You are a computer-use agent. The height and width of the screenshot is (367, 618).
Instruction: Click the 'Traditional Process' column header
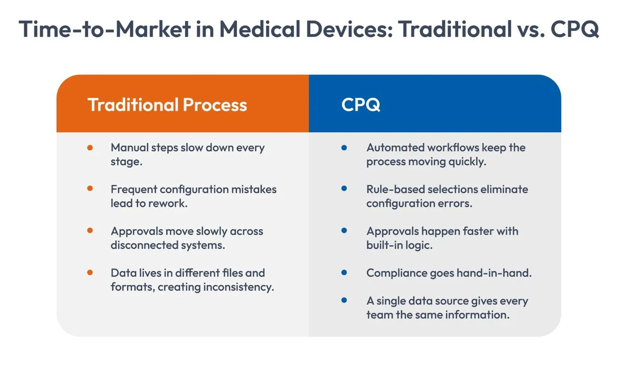pyautogui.click(x=167, y=105)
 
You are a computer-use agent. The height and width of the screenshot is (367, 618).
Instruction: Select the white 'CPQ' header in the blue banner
pyautogui.click(x=361, y=105)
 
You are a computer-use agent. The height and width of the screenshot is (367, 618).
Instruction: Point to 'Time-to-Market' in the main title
pyautogui.click(x=105, y=29)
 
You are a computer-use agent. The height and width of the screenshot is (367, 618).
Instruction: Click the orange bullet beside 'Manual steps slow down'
pyautogui.click(x=90, y=148)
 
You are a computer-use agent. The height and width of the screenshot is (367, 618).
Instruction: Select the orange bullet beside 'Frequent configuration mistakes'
pyautogui.click(x=90, y=189)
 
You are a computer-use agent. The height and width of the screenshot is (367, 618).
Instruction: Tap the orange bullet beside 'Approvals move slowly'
pyautogui.click(x=90, y=231)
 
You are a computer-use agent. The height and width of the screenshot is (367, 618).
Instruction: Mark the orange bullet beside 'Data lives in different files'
pyautogui.click(x=90, y=273)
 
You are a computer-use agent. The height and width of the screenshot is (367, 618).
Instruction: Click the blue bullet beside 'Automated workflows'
pyautogui.click(x=344, y=148)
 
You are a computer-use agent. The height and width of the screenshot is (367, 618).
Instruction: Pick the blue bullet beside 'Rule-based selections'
pyautogui.click(x=344, y=189)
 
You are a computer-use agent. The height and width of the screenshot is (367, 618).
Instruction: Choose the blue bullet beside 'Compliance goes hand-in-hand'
pyautogui.click(x=344, y=273)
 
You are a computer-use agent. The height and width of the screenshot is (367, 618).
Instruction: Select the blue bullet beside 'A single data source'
pyautogui.click(x=344, y=300)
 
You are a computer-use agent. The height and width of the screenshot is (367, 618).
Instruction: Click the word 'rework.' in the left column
pyautogui.click(x=169, y=203)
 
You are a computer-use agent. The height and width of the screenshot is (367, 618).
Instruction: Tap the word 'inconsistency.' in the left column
pyautogui.click(x=238, y=287)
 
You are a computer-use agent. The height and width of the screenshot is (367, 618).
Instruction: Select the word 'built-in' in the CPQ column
pyautogui.click(x=383, y=245)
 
